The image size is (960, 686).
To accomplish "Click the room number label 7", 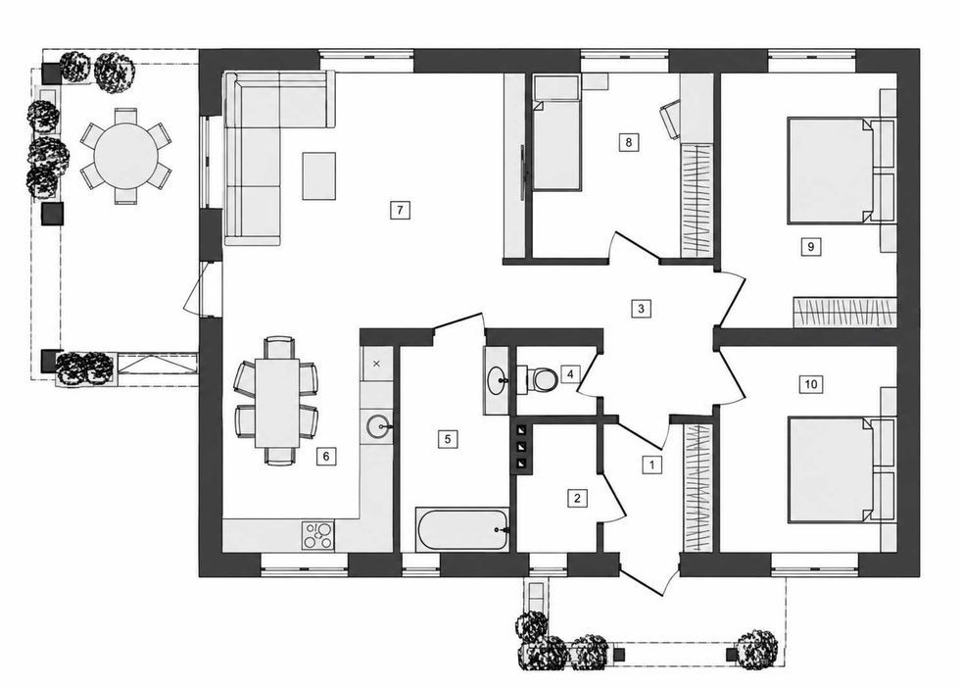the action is (x=400, y=210).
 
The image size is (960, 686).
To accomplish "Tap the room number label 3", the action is (x=641, y=308).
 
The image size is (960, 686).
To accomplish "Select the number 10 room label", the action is (x=811, y=384).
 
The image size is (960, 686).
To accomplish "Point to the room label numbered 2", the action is (x=577, y=498).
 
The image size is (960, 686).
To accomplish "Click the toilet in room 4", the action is (x=538, y=379).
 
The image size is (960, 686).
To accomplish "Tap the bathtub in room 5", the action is (x=462, y=529).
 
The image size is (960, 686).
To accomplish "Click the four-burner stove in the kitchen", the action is (x=318, y=535).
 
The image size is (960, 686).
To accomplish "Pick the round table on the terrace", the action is (x=125, y=156).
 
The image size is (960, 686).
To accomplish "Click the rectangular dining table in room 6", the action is (x=276, y=403).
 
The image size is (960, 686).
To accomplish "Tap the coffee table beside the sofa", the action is (x=319, y=176).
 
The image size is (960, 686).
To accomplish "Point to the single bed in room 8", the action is (x=556, y=132).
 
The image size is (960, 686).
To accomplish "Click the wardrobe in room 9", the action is (x=844, y=312).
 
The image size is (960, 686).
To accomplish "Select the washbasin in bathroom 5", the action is (x=498, y=381).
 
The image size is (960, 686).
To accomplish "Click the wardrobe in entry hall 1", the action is (x=696, y=487).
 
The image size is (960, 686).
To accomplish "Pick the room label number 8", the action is (x=628, y=142).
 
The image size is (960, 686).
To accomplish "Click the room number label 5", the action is (x=449, y=439).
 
